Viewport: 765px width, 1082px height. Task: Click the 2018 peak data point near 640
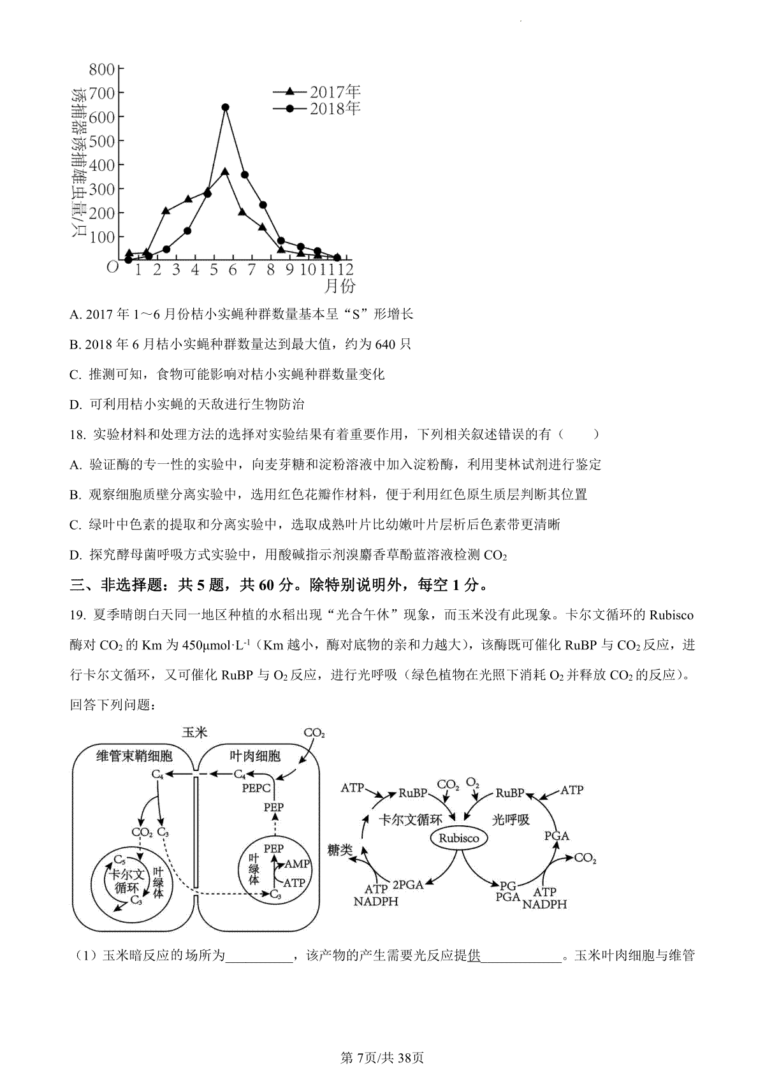coord(225,108)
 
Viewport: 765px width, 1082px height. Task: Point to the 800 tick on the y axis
coord(102,69)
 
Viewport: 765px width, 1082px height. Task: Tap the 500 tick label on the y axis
coord(102,141)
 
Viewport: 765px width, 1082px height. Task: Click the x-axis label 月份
coord(340,286)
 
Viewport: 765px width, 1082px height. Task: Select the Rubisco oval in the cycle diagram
coord(458,838)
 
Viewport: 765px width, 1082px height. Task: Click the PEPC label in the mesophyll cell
coord(256,788)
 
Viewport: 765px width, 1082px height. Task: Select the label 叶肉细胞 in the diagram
coord(255,756)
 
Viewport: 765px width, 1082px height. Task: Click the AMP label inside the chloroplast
coord(296,864)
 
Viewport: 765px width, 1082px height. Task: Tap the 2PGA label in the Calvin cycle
coord(408,884)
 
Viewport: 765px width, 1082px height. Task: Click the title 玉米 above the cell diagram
coord(194,732)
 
